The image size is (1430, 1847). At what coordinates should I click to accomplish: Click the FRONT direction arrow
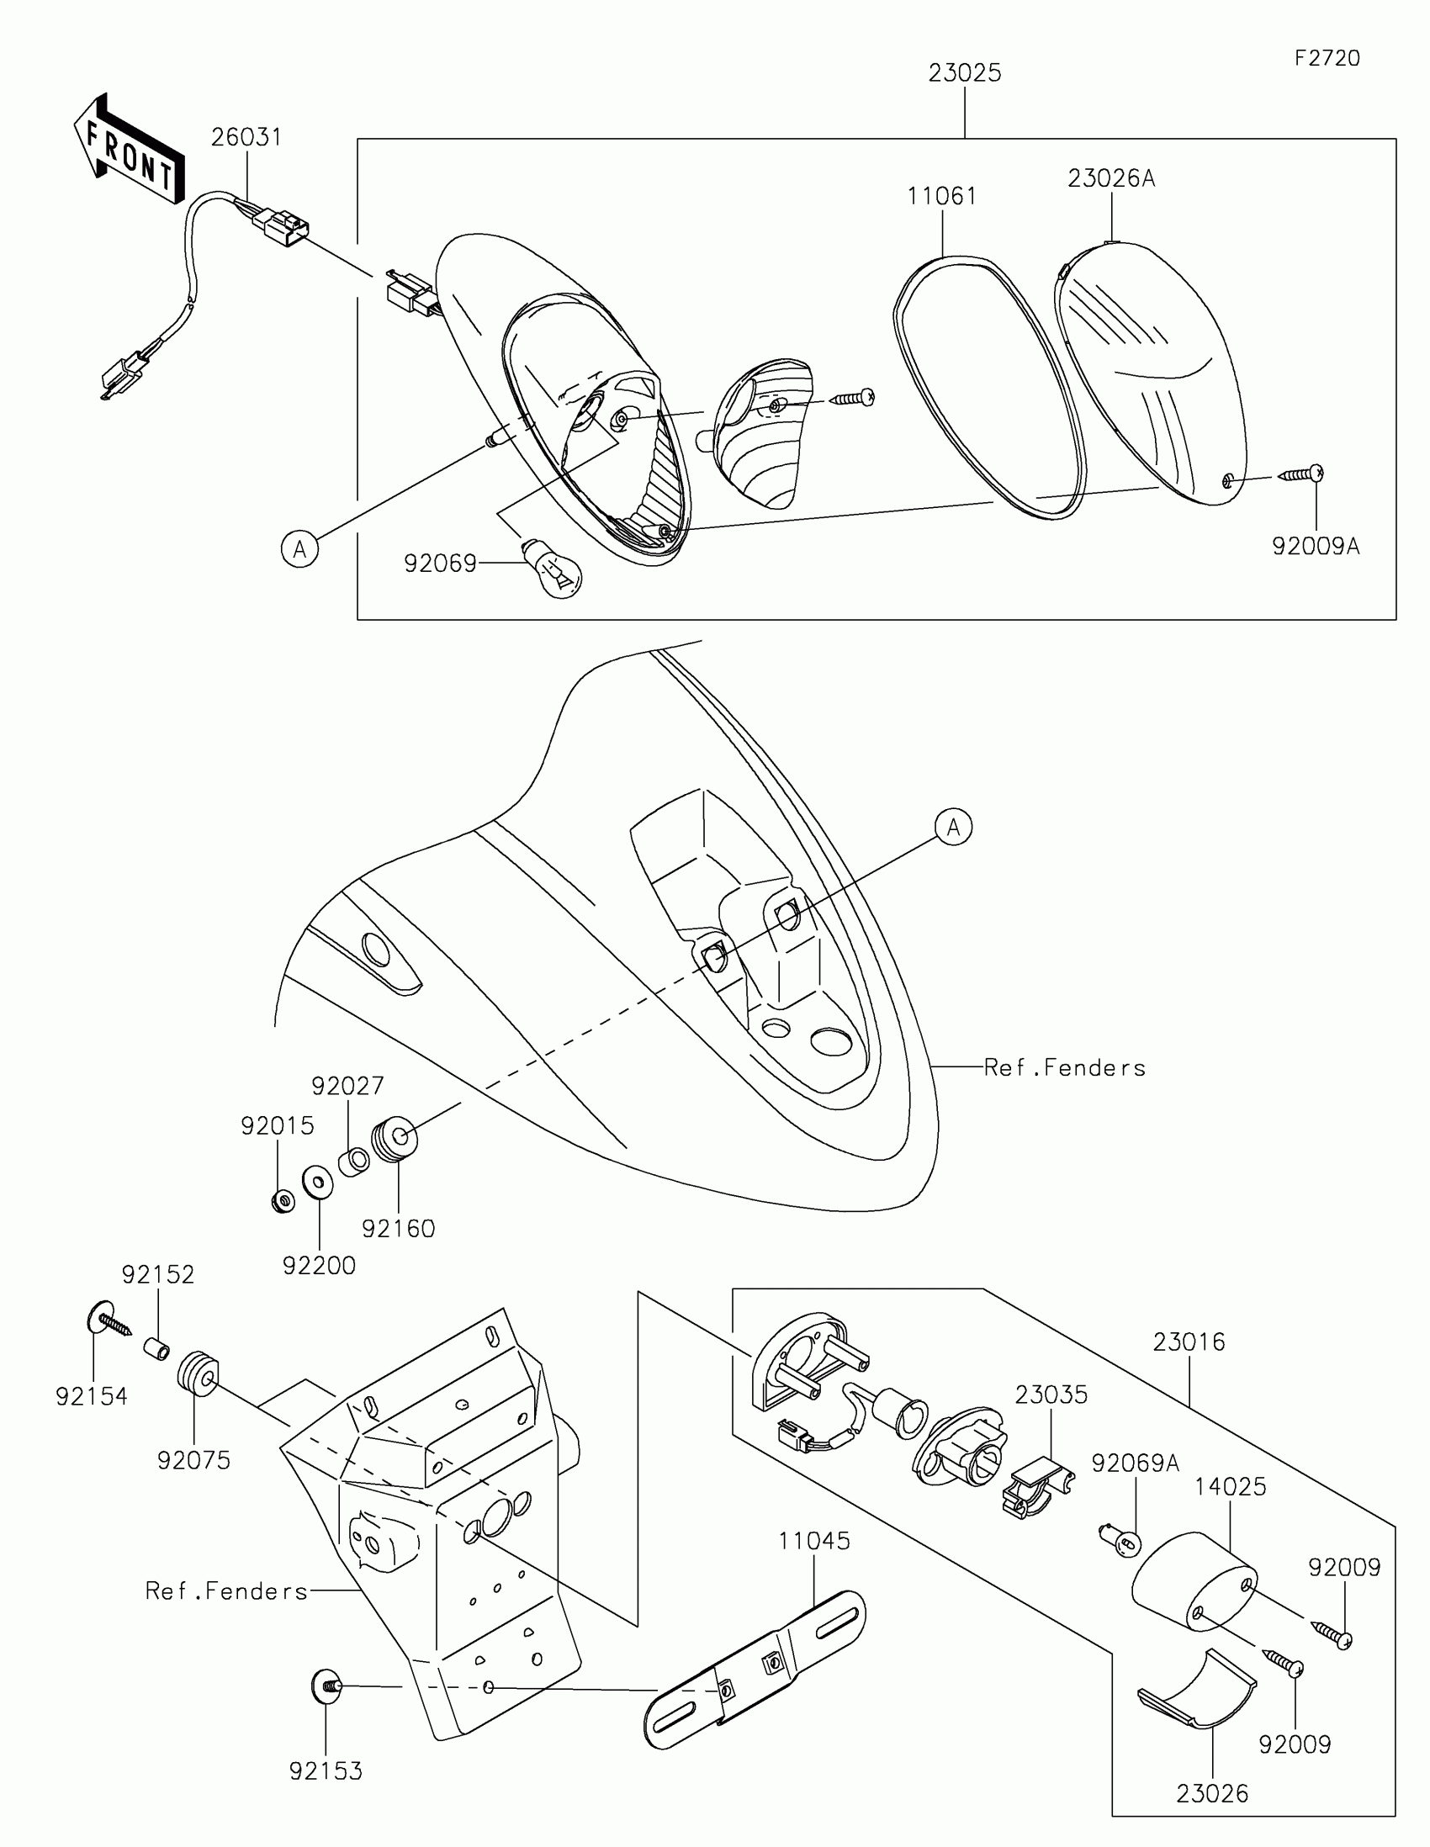(129, 150)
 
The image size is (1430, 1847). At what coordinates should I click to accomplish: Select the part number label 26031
(246, 137)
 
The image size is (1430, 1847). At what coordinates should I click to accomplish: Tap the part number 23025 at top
(965, 73)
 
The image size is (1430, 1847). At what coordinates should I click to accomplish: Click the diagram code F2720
(1327, 57)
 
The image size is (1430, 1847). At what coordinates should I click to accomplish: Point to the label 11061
(942, 196)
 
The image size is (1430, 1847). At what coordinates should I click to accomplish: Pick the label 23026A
(1111, 178)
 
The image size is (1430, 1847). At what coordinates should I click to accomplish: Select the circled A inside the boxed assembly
(299, 550)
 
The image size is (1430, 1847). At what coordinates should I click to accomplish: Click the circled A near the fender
(953, 827)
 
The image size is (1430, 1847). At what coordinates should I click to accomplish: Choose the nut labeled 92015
(283, 1200)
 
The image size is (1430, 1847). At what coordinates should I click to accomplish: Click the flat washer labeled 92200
(318, 1183)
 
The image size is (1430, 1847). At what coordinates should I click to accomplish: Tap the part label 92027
(347, 1086)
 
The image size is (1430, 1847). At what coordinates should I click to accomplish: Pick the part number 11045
(814, 1541)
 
